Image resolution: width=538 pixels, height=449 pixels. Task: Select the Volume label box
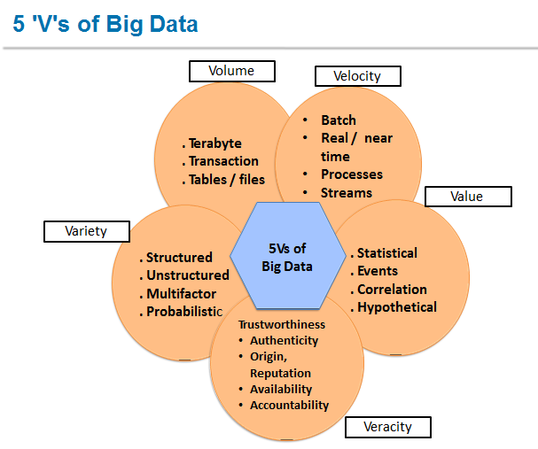(x=231, y=71)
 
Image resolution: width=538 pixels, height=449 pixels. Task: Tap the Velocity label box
(x=357, y=76)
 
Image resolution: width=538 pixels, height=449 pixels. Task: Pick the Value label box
(x=467, y=196)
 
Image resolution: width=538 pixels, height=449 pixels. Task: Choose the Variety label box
(x=86, y=231)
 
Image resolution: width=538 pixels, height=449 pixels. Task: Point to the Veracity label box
(x=387, y=427)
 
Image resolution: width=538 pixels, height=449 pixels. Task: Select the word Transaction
(x=223, y=161)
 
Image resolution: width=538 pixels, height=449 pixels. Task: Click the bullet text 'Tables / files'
(x=226, y=180)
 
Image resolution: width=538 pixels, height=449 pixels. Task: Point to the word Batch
(x=339, y=120)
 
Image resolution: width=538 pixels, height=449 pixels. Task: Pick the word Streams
(x=347, y=192)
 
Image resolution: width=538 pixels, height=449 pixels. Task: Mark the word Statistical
(x=386, y=253)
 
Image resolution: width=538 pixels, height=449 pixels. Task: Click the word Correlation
(x=392, y=290)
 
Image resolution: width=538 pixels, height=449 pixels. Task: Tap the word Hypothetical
(x=396, y=307)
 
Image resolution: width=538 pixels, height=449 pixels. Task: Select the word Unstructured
(x=188, y=275)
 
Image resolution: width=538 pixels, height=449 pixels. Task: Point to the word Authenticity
(x=284, y=340)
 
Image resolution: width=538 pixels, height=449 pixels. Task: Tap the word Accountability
(x=289, y=405)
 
